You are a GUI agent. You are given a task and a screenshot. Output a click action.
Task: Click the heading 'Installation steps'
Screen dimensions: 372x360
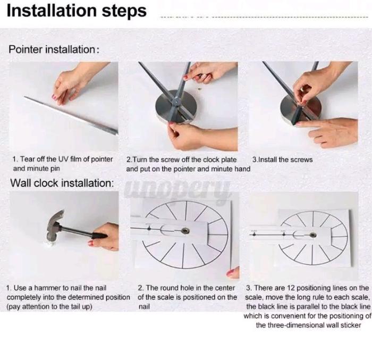click(x=77, y=11)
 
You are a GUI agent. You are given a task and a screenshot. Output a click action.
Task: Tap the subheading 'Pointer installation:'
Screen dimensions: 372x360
click(x=54, y=49)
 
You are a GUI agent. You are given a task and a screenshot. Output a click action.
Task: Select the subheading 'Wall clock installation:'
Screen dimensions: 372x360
click(x=62, y=183)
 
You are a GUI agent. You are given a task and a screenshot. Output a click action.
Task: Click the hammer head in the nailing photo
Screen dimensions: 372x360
click(x=55, y=225)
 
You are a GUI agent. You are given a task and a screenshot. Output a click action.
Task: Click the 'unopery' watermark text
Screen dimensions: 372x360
click(x=177, y=189)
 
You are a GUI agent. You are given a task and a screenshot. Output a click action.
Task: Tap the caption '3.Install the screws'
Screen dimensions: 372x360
click(x=282, y=160)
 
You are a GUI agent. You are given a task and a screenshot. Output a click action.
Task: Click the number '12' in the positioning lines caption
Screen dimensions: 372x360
click(x=291, y=288)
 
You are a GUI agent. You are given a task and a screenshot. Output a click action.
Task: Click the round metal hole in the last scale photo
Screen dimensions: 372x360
click(x=313, y=235)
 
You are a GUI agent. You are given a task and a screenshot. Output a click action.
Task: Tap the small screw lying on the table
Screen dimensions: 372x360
click(x=199, y=89)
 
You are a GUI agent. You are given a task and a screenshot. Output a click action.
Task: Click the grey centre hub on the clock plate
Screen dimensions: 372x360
click(x=177, y=102)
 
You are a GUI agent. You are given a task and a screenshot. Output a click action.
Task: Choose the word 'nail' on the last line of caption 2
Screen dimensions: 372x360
click(x=144, y=307)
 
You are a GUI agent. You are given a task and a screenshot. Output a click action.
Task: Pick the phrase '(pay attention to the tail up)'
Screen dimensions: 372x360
click(x=49, y=307)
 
